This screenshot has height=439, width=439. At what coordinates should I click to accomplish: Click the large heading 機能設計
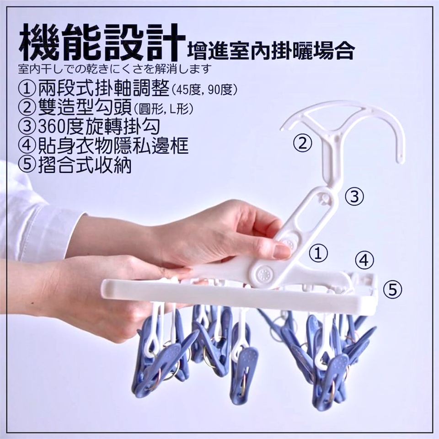click(x=102, y=42)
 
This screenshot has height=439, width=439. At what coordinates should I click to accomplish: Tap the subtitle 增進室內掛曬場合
click(x=271, y=50)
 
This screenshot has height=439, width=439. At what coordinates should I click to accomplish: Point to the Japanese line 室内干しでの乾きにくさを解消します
click(x=114, y=69)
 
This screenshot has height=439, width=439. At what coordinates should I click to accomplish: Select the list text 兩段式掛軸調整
click(x=104, y=88)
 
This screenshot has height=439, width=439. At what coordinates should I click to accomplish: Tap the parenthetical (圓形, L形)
click(x=163, y=109)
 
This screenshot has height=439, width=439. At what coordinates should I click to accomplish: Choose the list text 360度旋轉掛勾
click(x=99, y=126)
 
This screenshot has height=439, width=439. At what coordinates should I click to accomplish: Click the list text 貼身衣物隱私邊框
click(x=113, y=145)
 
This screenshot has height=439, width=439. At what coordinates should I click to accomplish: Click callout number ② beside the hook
click(x=302, y=143)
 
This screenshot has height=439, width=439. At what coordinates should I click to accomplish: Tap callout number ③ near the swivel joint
click(x=354, y=196)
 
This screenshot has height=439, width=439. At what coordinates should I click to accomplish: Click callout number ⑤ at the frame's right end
click(x=393, y=289)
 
